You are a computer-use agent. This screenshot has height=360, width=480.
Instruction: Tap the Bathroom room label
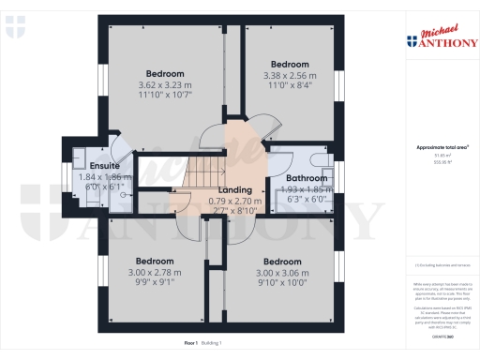tap(307, 178)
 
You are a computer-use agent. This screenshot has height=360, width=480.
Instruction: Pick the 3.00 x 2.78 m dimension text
tap(154, 272)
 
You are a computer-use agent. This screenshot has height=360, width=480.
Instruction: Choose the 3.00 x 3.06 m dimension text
tap(281, 273)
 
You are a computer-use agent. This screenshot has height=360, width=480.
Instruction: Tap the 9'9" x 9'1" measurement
tap(154, 283)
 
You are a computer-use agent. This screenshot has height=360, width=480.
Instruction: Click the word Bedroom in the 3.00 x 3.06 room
tap(281, 261)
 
